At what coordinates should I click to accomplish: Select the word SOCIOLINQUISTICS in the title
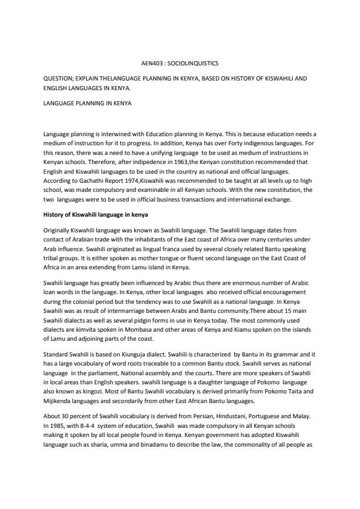(194, 62)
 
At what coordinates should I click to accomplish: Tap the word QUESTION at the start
(58, 79)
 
